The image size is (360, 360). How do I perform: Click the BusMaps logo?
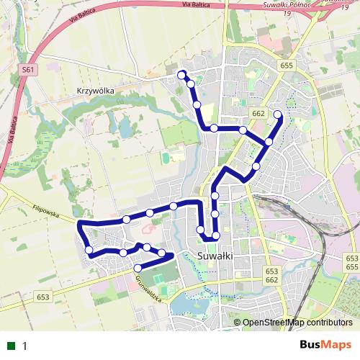point(325,346)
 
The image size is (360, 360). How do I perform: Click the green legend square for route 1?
point(10,346)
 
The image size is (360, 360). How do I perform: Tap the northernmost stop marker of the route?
point(182,73)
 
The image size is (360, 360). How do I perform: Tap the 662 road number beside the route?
point(259,114)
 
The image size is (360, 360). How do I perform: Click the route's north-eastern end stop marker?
point(278,114)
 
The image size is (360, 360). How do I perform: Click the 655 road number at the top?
point(287,66)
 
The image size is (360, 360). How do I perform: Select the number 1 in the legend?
point(24,346)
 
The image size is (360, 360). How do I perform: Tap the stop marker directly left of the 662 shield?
point(243,130)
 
